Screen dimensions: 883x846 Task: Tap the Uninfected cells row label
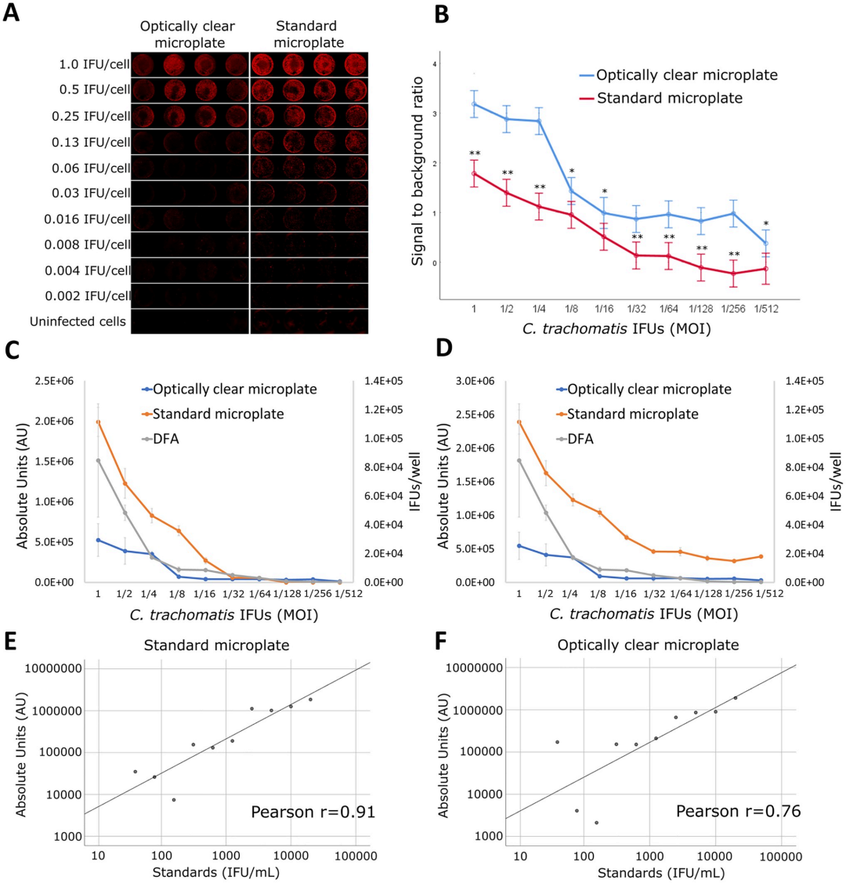[78, 320]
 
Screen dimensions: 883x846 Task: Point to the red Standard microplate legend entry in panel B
[668, 99]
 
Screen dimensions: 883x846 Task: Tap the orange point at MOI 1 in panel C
[98, 422]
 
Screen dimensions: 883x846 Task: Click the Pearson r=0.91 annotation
[313, 812]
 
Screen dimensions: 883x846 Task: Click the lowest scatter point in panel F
[596, 823]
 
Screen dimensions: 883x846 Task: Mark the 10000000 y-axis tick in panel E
[53, 669]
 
